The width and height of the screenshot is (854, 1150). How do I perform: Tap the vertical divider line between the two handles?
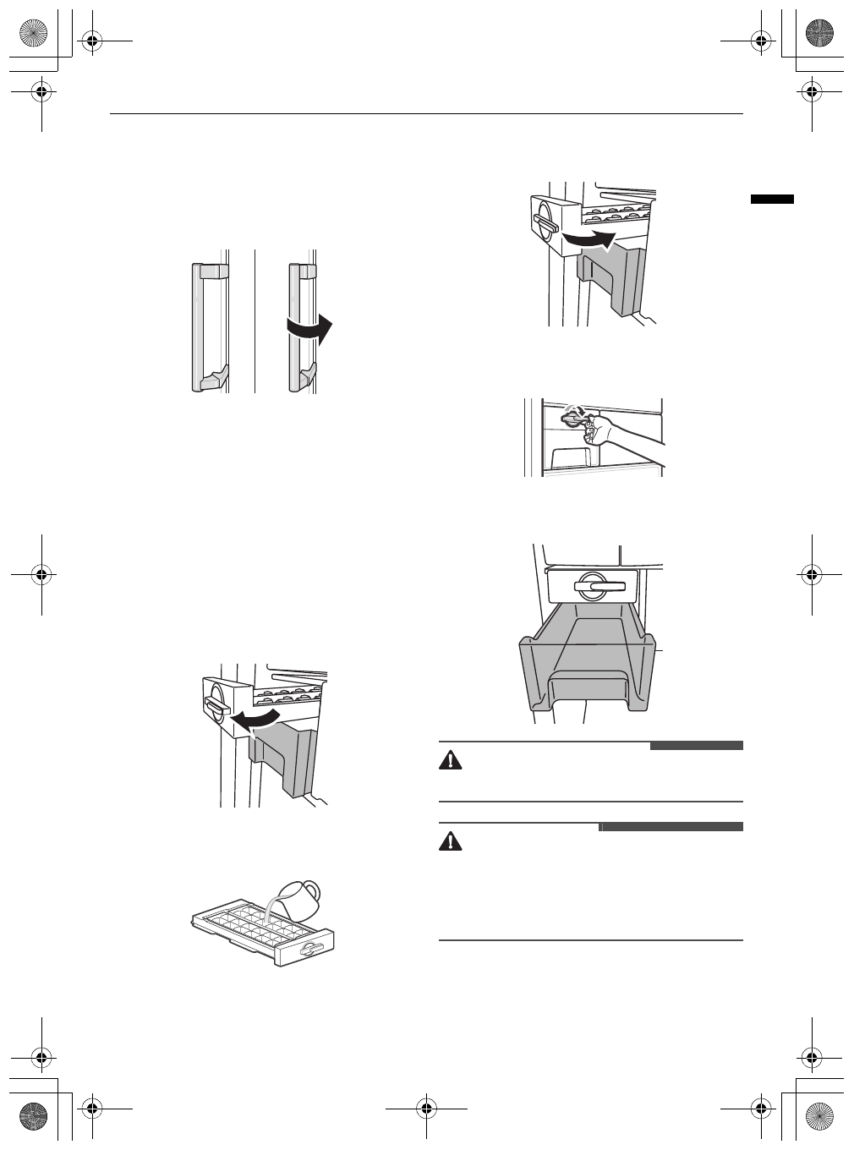(x=255, y=321)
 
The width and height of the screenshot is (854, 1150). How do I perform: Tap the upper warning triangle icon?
(x=451, y=760)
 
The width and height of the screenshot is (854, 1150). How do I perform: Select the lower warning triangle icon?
(x=451, y=842)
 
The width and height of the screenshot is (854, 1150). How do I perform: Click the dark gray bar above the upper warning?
(x=696, y=746)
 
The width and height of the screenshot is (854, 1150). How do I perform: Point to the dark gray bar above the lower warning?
(x=671, y=827)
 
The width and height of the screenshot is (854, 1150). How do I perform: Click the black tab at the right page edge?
(x=772, y=200)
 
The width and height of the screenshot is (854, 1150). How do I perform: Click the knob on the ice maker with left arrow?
(x=216, y=704)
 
